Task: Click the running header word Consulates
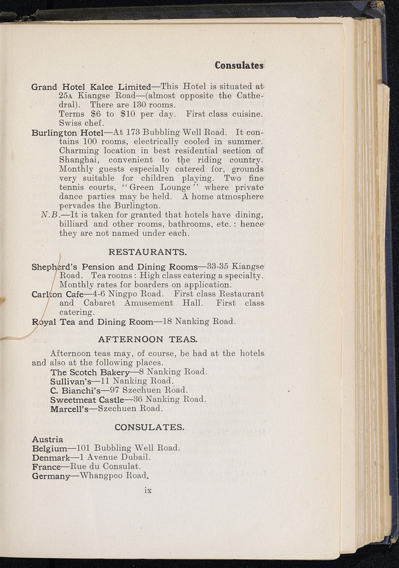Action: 238,65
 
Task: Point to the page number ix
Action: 149,490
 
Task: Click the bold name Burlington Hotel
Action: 68,133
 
